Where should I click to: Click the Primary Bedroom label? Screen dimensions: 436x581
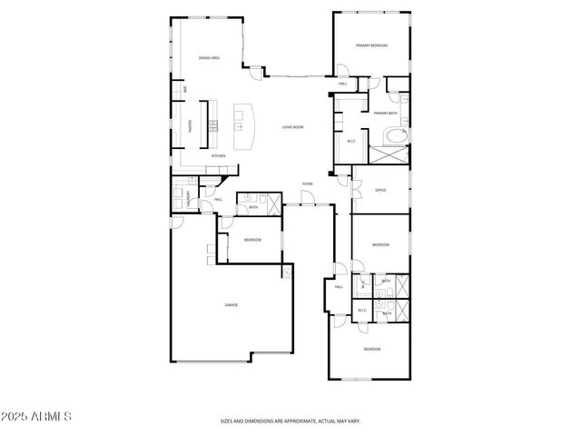coord(372,45)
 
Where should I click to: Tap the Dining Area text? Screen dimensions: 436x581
coord(210,58)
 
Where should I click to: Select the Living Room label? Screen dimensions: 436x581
coord(291,127)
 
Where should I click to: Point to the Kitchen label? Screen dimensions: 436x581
coord(218,155)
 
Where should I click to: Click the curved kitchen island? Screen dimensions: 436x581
coord(243,127)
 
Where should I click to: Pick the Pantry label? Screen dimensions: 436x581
coord(190,126)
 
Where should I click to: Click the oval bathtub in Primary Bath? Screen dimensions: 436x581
coord(396,136)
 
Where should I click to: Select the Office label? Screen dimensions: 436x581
coord(380,190)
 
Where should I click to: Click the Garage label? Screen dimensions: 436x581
coord(231,304)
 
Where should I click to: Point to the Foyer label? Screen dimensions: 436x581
coord(308,183)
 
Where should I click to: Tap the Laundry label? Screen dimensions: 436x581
coord(188,198)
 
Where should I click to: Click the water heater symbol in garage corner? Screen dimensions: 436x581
coord(288,271)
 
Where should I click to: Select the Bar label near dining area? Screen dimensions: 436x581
coord(186,89)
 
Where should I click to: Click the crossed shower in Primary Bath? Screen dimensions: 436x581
coord(396,155)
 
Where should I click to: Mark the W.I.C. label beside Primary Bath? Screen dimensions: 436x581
coord(351,141)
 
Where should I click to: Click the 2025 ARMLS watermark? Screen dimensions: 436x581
coord(36,416)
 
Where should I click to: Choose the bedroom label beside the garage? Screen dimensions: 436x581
coord(251,240)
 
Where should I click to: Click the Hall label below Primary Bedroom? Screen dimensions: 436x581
coord(343,84)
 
